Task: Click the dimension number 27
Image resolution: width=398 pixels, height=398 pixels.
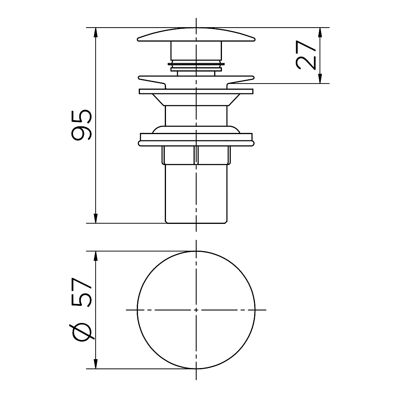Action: pos(305,55)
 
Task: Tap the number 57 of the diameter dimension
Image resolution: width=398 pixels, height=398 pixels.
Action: pos(82,292)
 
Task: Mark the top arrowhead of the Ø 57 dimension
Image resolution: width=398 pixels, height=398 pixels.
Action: pos(96,256)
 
